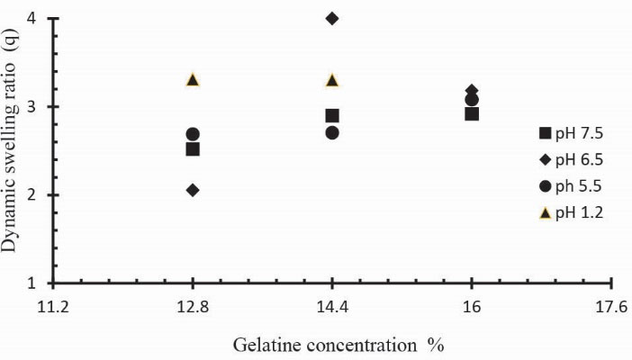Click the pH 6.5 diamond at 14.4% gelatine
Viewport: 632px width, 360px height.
(332, 18)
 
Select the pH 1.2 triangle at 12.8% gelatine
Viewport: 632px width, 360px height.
(193, 79)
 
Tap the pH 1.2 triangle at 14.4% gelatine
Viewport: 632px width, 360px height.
(332, 80)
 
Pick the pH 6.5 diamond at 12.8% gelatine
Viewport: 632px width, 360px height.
(193, 190)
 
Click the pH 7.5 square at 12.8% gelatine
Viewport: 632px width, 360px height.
(193, 149)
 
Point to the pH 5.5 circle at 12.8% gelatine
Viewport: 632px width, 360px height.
(193, 134)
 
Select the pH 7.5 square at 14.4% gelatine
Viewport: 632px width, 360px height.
(332, 115)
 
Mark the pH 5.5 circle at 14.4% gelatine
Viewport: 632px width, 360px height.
(332, 132)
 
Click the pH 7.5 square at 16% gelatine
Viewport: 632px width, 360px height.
(472, 113)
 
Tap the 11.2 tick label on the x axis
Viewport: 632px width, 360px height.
(53, 308)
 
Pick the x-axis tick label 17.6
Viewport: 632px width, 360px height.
(611, 308)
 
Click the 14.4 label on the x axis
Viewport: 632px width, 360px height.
(332, 308)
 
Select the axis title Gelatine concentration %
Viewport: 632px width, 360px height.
(338, 345)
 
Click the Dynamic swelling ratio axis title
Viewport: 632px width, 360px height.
(12, 149)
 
